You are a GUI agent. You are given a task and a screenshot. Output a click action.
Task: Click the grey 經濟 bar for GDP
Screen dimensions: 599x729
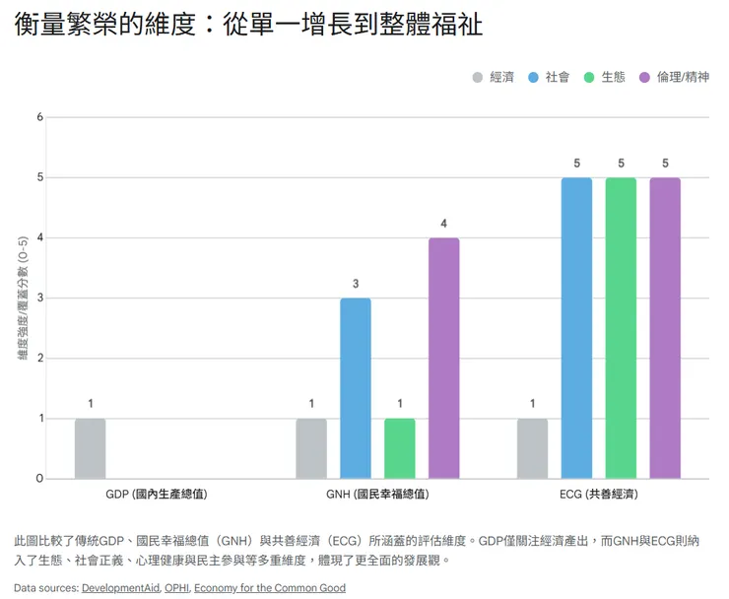click(90, 448)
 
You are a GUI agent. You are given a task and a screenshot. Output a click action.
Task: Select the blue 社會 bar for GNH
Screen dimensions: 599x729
click(356, 388)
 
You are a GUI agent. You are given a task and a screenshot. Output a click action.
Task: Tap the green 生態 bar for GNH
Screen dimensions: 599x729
click(400, 448)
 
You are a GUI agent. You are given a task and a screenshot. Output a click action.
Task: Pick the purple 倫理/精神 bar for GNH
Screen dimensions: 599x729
click(443, 358)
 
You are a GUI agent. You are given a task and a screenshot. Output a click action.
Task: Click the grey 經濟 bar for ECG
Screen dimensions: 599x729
click(533, 448)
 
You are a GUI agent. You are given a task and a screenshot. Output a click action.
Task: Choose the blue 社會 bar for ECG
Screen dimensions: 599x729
click(576, 328)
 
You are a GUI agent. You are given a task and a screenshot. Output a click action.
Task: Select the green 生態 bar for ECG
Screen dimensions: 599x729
click(621, 328)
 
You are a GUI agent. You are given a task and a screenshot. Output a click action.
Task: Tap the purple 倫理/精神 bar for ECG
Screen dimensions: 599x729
click(665, 328)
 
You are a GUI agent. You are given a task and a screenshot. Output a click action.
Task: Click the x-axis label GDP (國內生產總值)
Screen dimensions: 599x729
click(156, 493)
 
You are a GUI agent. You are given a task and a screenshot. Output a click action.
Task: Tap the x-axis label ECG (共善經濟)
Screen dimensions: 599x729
click(599, 493)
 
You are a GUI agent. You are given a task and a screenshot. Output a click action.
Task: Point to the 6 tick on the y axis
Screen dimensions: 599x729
click(40, 117)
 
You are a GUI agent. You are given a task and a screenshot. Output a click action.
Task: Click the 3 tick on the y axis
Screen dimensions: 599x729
click(40, 299)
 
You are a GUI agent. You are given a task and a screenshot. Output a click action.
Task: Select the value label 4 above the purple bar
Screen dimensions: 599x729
click(443, 223)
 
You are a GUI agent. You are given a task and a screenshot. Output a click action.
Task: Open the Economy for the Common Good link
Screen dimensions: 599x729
click(270, 588)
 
